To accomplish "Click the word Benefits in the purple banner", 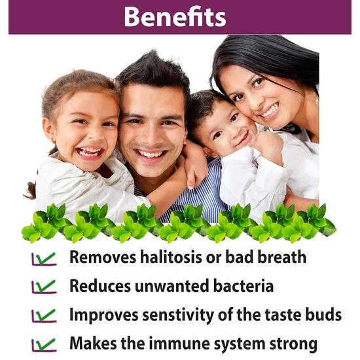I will pyautogui.click(x=175, y=17).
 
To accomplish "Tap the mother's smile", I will pyautogui.click(x=269, y=111).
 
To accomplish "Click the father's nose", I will pyautogui.click(x=153, y=134).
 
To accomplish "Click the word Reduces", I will pyautogui.click(x=99, y=286).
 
